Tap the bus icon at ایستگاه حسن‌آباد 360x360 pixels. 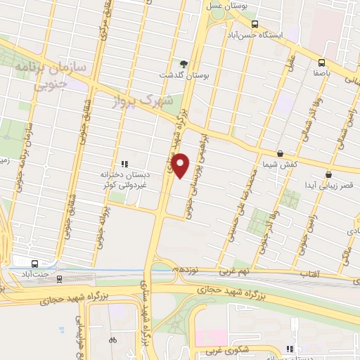click(255, 22)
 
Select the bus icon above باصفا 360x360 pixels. click(322, 62)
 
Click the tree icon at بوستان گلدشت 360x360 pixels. click(184, 65)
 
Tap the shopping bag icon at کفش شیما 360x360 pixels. click(280, 153)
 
